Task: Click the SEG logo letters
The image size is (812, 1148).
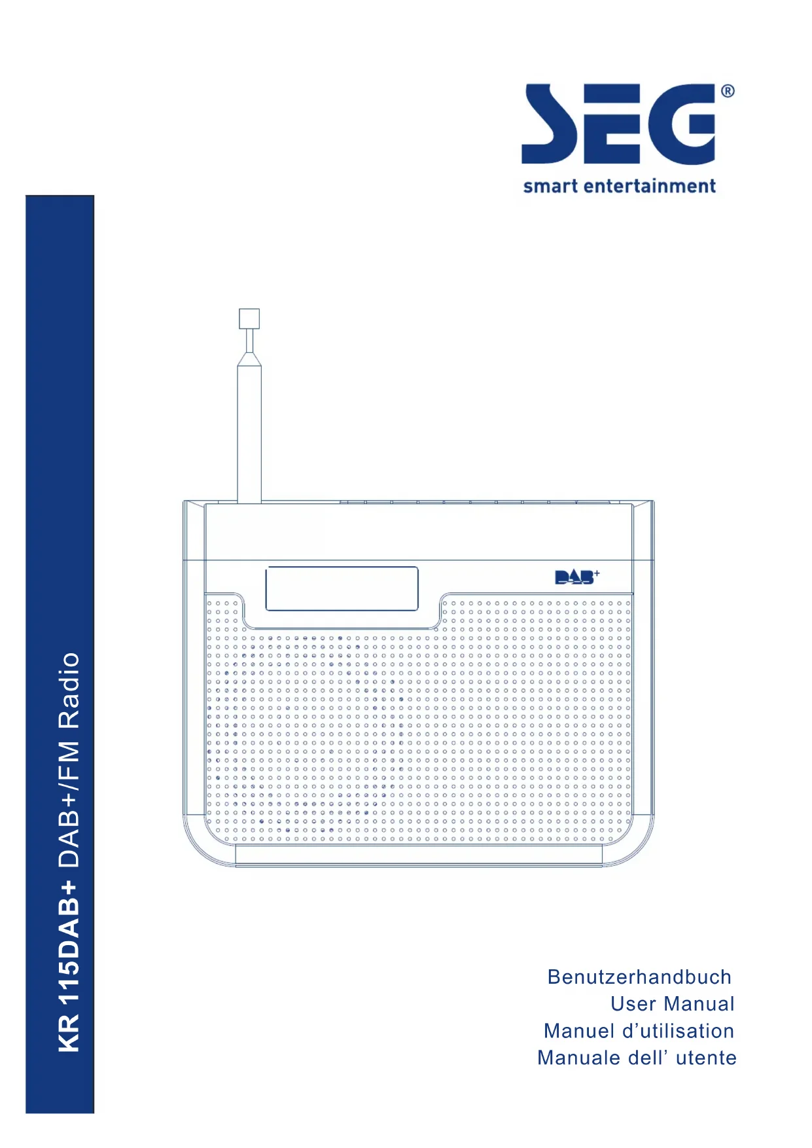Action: click(x=618, y=124)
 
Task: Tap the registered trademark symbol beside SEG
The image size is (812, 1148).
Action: click(x=728, y=92)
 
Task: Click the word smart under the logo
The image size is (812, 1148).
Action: click(x=550, y=187)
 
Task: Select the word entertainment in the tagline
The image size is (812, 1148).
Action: click(x=649, y=187)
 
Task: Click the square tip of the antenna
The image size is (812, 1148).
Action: click(x=249, y=319)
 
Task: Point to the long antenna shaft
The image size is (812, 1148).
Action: click(x=249, y=432)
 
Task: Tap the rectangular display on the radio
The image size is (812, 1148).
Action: click(x=342, y=588)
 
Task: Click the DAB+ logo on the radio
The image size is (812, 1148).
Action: click(x=576, y=577)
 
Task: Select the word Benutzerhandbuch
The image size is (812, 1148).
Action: click(x=639, y=977)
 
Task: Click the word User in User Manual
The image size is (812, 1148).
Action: click(x=633, y=1003)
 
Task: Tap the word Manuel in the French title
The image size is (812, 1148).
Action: click(x=579, y=1031)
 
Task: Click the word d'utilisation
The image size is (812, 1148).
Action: click(x=678, y=1031)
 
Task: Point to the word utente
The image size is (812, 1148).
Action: click(x=706, y=1058)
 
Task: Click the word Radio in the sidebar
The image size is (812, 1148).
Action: click(x=69, y=690)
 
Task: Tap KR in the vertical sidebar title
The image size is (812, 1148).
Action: click(x=69, y=1034)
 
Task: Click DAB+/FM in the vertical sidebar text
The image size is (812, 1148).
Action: click(x=69, y=804)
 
